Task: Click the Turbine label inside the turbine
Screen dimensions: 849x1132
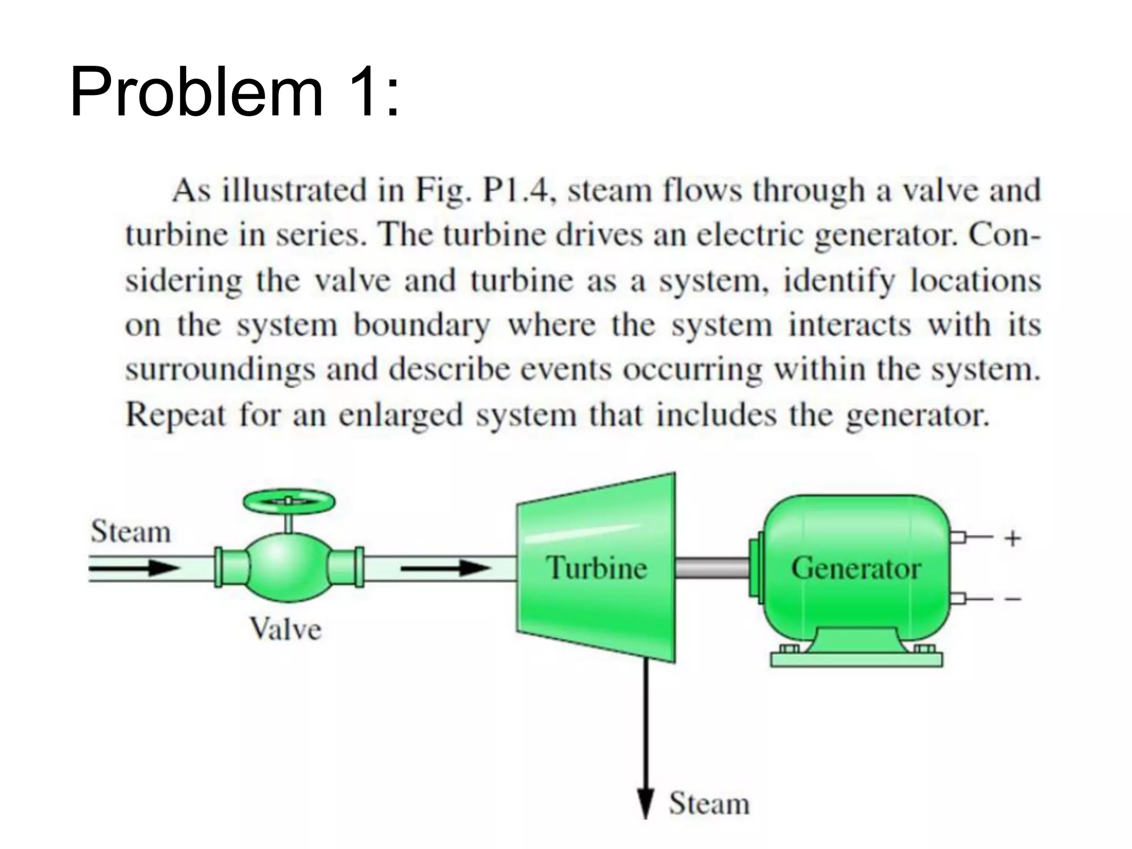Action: point(596,568)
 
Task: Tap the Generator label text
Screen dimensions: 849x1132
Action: point(856,568)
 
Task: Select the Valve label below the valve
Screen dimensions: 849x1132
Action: point(285,629)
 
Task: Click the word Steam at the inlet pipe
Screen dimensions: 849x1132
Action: point(131,532)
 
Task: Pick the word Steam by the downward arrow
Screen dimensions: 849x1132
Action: point(709,803)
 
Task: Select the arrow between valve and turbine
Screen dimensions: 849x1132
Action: point(446,568)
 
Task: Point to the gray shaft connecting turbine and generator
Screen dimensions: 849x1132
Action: point(712,568)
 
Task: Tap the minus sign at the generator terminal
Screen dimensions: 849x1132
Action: point(1013,599)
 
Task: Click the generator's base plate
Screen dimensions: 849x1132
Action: point(856,659)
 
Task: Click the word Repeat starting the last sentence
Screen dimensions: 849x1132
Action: point(176,415)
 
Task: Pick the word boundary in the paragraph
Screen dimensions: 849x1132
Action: point(422,325)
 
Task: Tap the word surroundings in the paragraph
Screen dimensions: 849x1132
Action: point(220,370)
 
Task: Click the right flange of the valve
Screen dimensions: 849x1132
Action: point(359,567)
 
